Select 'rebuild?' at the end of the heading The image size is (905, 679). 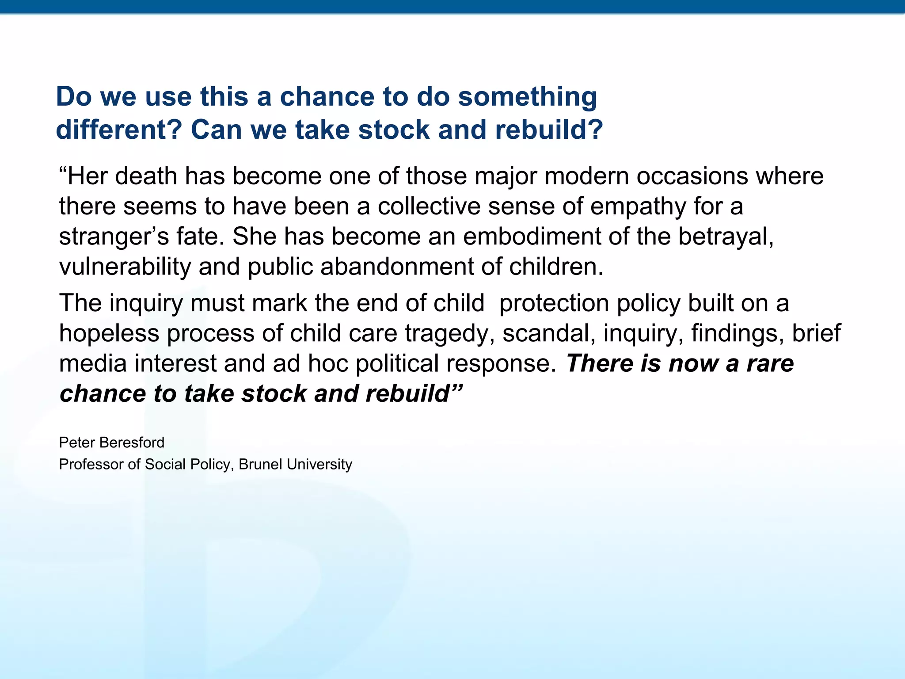[549, 130]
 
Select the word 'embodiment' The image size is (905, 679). [532, 237]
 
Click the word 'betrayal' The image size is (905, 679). [725, 237]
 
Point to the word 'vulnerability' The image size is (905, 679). [125, 267]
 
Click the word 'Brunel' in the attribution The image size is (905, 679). [260, 464]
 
